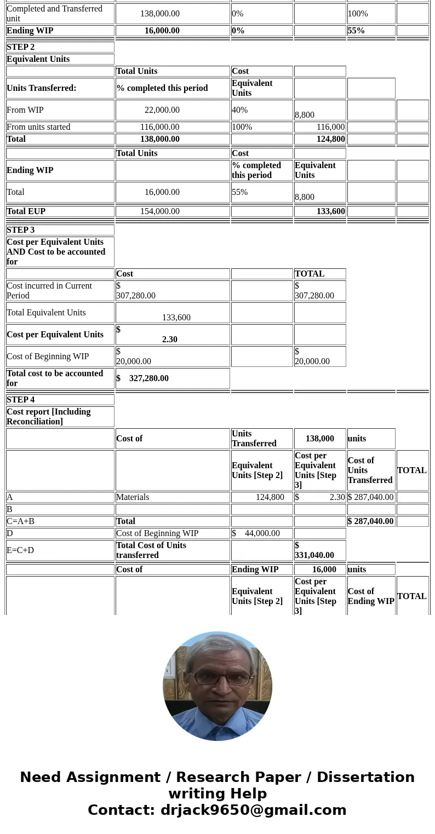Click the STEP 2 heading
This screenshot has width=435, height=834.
[x=21, y=47]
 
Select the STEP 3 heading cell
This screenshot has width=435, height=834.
[x=21, y=230]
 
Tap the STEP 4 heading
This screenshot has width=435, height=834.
[x=21, y=400]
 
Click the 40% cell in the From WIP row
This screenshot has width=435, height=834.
[x=240, y=110]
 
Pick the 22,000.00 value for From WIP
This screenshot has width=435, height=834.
[x=162, y=110]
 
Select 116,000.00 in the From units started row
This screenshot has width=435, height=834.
[x=159, y=127]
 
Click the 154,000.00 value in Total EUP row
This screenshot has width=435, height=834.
[x=159, y=211]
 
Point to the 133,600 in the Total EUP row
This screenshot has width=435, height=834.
[x=330, y=211]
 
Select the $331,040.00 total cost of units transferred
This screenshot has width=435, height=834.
[x=314, y=550]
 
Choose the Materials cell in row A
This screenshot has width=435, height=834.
[x=133, y=497]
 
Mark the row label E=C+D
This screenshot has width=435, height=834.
[x=20, y=550]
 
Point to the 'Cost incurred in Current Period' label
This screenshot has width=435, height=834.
[x=49, y=291]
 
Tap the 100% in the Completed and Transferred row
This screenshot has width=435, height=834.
[x=358, y=14]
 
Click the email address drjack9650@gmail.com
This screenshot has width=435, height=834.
[x=253, y=810]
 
